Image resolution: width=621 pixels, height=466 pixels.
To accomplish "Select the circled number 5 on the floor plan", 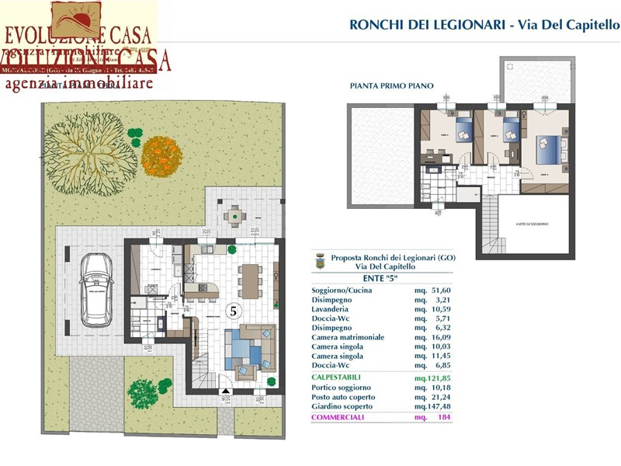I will pos(231,310).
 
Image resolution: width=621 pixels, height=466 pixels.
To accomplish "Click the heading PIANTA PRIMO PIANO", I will pos(391,86).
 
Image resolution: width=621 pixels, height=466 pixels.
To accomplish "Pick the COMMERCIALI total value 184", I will pos(442,417).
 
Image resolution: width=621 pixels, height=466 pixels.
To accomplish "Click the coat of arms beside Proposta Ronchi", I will pos(319,262).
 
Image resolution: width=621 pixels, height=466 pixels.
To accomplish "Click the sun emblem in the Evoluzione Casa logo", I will pos(76,17).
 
